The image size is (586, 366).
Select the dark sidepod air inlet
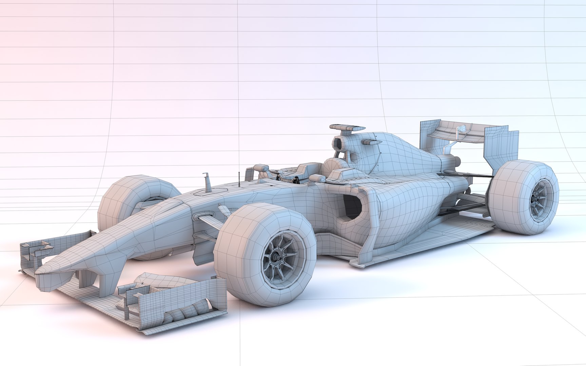(351, 210)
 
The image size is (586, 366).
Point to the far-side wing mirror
(260, 168)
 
